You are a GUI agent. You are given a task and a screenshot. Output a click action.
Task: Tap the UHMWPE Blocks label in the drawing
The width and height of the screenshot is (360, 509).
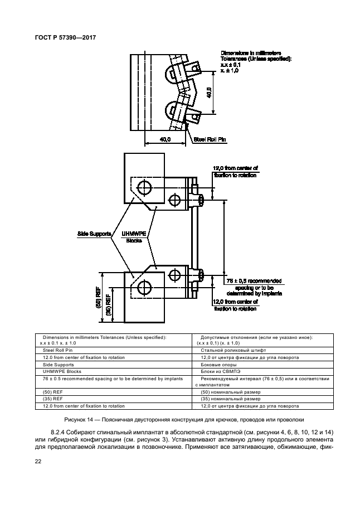133,237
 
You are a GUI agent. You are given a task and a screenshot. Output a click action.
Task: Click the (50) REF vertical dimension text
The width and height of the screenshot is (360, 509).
98,302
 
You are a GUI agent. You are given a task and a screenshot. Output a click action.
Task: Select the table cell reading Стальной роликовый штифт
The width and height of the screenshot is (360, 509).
222,350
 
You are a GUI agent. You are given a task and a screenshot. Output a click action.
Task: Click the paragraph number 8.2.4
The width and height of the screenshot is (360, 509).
60,432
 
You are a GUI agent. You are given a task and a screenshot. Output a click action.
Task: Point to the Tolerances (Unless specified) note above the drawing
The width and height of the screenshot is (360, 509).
255,59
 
